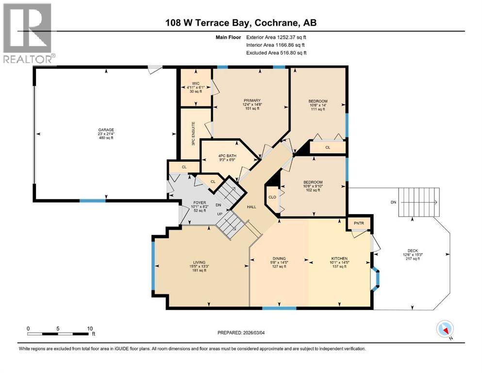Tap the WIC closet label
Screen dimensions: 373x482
[x=196, y=84]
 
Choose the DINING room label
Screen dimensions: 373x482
[x=279, y=258]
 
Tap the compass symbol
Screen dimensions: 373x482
[x=445, y=329]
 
